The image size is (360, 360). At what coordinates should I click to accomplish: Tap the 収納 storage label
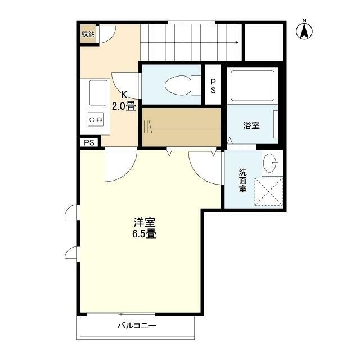(x=88, y=34)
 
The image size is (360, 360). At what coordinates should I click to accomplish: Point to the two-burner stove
(x=95, y=119)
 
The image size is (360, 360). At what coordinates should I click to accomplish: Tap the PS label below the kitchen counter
(x=89, y=142)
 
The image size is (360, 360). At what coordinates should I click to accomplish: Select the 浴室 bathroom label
(x=251, y=125)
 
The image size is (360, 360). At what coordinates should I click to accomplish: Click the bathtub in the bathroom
(x=253, y=84)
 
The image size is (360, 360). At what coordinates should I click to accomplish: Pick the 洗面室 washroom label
(x=242, y=181)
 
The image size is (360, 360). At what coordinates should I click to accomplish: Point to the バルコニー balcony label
(x=137, y=325)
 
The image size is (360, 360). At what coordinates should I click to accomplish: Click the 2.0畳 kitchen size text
(x=123, y=106)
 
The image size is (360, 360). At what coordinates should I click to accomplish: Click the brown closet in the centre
(x=181, y=127)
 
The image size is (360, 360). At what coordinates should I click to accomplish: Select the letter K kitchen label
(x=124, y=94)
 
